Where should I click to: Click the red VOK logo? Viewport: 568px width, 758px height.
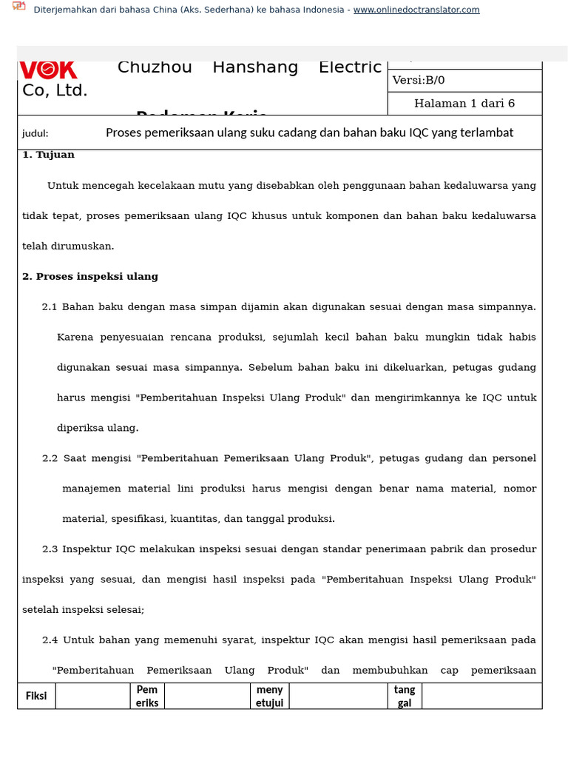click(x=48, y=70)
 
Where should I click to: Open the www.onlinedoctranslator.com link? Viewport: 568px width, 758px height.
click(x=416, y=10)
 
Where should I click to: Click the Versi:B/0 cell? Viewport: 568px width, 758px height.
click(x=419, y=81)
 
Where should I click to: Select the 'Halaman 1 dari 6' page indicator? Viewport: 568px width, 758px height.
click(x=464, y=104)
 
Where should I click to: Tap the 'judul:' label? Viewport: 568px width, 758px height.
click(x=35, y=133)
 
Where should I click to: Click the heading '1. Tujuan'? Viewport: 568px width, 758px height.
click(x=48, y=155)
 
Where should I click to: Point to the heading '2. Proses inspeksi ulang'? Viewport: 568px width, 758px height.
click(x=90, y=276)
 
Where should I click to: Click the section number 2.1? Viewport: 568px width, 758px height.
click(x=50, y=306)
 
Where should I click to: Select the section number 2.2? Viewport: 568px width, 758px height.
click(x=50, y=458)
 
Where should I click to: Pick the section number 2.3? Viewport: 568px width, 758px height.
click(x=50, y=549)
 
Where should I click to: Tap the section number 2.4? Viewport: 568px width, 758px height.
click(x=50, y=640)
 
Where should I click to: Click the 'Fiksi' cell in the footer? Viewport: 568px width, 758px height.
click(x=36, y=696)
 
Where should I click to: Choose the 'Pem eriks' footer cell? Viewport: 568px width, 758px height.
click(x=147, y=696)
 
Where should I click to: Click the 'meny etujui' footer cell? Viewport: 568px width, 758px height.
click(x=269, y=696)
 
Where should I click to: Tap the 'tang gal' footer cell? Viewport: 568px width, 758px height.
click(x=405, y=696)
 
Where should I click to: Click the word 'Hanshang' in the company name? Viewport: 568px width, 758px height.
click(x=255, y=67)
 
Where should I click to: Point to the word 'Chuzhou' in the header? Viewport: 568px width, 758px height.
click(x=155, y=67)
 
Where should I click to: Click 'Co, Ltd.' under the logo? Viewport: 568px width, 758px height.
click(x=55, y=91)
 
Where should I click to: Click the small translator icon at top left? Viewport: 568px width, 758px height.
click(x=19, y=7)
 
